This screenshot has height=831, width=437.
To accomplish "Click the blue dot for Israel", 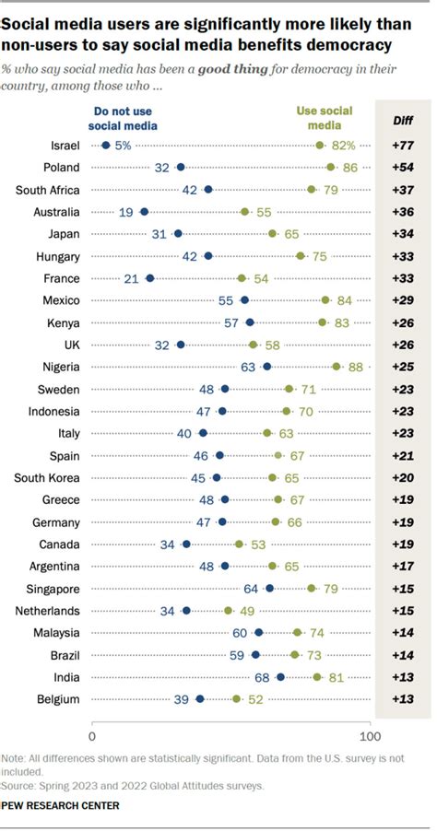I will pyautogui.click(x=106, y=146).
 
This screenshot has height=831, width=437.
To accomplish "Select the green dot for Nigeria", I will pyautogui.click(x=337, y=367).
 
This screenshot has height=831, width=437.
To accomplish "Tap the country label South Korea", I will pyautogui.click(x=53, y=477).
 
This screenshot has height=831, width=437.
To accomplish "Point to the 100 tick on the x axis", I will pyautogui.click(x=371, y=736).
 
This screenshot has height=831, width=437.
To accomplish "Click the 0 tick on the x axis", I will pyautogui.click(x=92, y=736).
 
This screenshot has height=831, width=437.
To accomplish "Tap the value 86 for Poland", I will pyautogui.click(x=349, y=168).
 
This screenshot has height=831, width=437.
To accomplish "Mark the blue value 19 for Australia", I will pyautogui.click(x=126, y=212).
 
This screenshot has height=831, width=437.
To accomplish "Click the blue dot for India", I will pyautogui.click(x=280, y=676).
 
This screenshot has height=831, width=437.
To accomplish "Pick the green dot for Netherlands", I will pyautogui.click(x=229, y=610).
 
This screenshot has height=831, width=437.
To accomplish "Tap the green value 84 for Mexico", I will pyautogui.click(x=344, y=300).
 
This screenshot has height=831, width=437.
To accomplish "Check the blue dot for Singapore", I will pyautogui.click(x=269, y=588).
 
